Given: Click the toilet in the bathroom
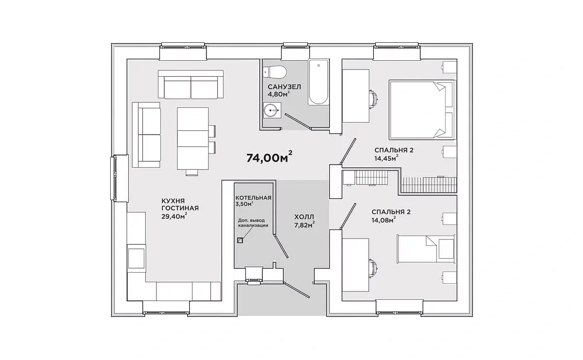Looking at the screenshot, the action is click(274, 72).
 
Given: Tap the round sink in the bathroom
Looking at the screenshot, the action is click(271, 110).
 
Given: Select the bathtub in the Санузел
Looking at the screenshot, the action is click(318, 82).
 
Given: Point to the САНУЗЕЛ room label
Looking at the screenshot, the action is click(284, 86).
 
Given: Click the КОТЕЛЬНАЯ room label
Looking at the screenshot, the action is click(253, 198).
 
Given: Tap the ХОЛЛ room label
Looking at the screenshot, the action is click(304, 217).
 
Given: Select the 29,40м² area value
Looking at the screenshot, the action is click(174, 216).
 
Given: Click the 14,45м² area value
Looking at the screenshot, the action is click(386, 158).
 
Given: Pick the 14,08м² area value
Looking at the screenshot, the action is click(383, 220).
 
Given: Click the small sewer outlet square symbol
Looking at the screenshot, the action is click(240, 240).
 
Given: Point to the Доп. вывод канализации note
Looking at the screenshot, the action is click(253, 223).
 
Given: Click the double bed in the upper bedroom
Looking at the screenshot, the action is click(422, 109).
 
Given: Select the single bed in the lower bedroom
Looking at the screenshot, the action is click(426, 249).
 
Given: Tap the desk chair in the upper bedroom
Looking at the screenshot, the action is click(374, 99).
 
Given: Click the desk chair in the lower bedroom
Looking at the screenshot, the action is click(374, 268).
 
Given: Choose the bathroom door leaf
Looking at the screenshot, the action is click(297, 121).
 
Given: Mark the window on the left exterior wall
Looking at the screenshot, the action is click(114, 178).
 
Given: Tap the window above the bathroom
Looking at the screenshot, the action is click(296, 47).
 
